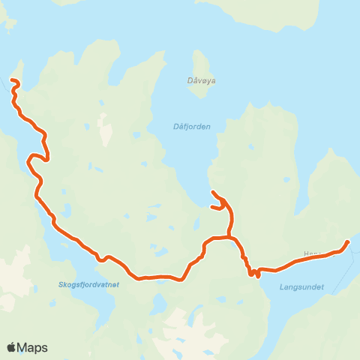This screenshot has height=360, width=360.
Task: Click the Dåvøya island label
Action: (x=201, y=79)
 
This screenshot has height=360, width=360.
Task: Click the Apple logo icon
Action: (x=12, y=347)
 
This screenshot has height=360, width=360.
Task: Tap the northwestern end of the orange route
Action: (x=11, y=80)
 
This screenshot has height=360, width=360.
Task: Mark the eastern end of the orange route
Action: (x=347, y=241)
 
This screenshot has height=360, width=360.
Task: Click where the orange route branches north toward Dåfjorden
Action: (x=229, y=238)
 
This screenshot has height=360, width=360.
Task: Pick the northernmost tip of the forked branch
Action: (x=213, y=193)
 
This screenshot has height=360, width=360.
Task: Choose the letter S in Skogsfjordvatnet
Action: (x=60, y=284)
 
